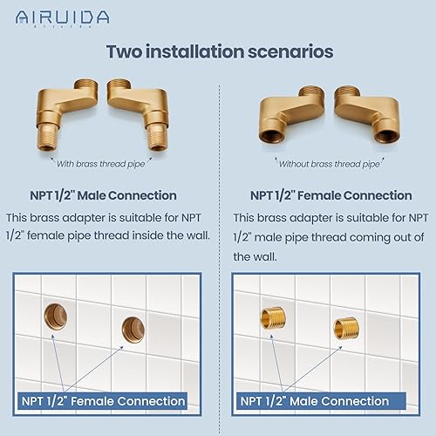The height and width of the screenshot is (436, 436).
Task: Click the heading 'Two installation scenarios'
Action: tap(219, 51)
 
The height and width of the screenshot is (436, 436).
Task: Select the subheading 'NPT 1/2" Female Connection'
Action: tap(330, 195)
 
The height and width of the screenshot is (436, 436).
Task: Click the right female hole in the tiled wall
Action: tap(133, 328)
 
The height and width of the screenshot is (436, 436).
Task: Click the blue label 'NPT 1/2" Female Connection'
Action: tap(103, 401)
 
